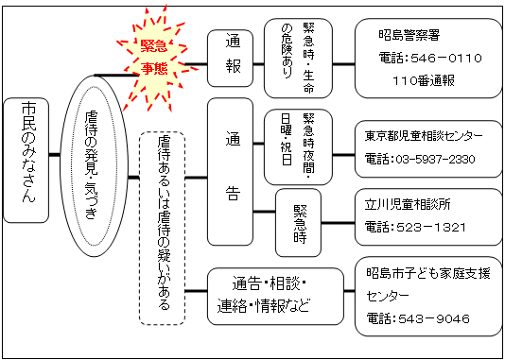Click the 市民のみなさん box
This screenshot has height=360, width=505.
[x=26, y=159]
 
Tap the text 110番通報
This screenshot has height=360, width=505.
[x=423, y=80]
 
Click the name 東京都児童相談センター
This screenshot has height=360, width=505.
[x=426, y=136]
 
